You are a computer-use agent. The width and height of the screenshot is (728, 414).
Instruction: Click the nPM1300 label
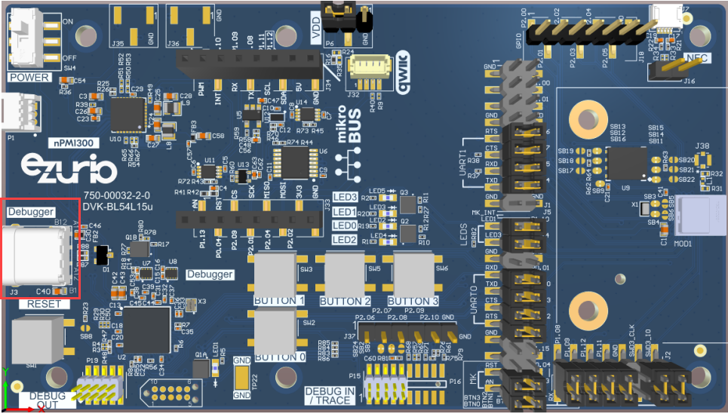pos(73,142)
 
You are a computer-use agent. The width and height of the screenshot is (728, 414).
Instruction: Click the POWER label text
pos(29,78)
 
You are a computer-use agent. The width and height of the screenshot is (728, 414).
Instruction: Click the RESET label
pos(43,304)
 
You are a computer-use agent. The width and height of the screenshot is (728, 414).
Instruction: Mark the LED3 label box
pos(345,198)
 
